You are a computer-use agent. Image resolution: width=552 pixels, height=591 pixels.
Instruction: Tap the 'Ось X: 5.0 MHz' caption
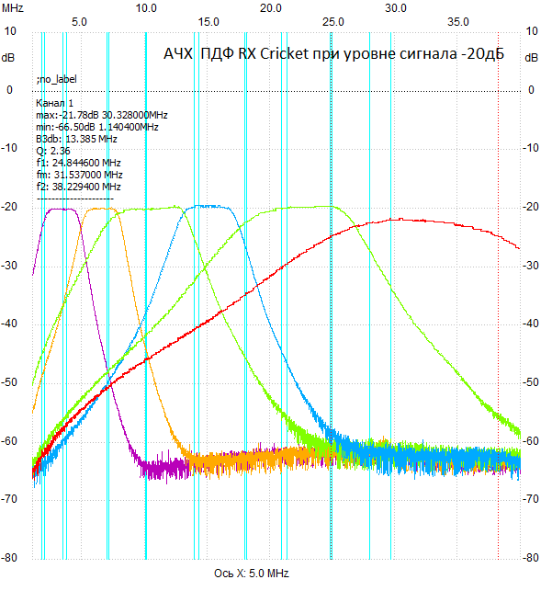click(x=251, y=574)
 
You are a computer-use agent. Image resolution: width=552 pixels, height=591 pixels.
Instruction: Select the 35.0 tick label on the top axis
click(x=457, y=20)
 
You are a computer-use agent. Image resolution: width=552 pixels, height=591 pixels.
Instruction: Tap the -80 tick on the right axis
click(x=532, y=557)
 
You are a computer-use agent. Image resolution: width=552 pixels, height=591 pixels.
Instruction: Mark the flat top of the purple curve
click(x=62, y=209)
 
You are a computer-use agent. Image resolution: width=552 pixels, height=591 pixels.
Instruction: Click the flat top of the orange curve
click(x=101, y=209)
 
